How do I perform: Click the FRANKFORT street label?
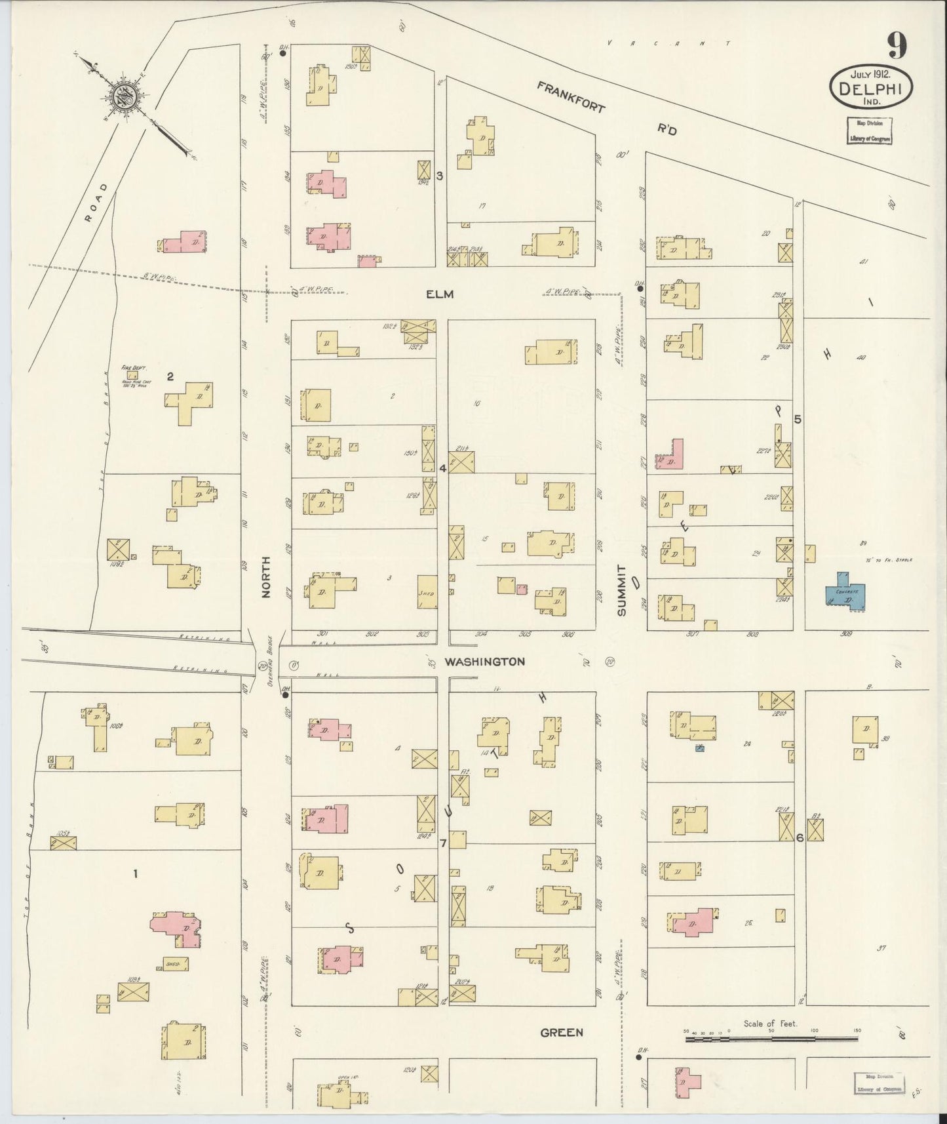[570, 97]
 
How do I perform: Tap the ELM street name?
[440, 294]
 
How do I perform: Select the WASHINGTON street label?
[484, 662]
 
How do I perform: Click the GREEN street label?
[562, 1032]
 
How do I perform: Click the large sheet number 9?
[897, 46]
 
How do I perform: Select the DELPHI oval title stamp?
[870, 87]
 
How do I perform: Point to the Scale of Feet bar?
[771, 1039]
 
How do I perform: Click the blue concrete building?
[845, 592]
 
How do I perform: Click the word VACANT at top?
[668, 43]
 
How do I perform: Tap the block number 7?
[443, 843]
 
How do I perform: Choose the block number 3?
[440, 175]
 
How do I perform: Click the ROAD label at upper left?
[96, 204]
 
